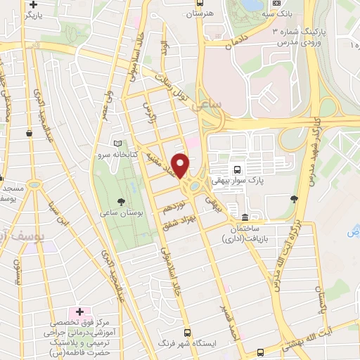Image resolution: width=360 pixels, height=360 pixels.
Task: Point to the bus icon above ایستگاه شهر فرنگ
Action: pos(186,332)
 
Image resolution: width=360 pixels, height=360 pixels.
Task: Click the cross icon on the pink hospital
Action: pos(79,311)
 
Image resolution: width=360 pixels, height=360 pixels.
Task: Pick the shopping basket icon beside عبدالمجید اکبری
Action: pos(29,131)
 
